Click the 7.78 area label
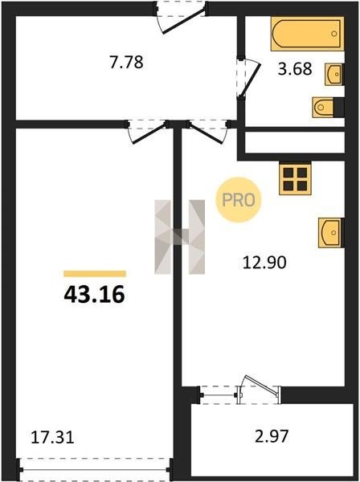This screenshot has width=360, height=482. [126, 62]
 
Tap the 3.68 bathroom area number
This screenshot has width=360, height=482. [295, 69]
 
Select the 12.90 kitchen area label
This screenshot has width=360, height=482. [264, 263]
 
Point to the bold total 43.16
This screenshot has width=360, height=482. [94, 295]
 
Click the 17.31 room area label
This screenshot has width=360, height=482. [52, 437]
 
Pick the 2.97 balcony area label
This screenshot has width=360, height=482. [272, 436]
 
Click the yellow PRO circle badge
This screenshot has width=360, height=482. [238, 200]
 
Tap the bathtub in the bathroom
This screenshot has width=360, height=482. [308, 34]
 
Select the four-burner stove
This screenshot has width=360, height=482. [295, 179]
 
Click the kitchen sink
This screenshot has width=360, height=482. [331, 233]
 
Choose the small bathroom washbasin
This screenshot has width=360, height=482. [334, 74]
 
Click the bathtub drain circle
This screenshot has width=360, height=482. [334, 34]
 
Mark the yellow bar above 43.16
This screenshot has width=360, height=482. [95, 274]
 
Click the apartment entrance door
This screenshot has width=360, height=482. [182, 18]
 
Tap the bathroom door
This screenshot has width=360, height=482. [249, 79]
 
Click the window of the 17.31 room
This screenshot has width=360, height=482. [95, 470]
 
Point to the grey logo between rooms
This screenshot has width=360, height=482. [179, 237]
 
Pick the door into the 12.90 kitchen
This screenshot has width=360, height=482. [208, 133]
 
